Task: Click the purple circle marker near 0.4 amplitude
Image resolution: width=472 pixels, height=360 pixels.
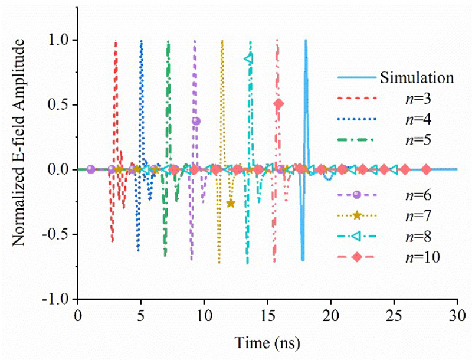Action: (x=196, y=121)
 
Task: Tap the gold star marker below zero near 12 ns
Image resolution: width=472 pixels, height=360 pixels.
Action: (x=231, y=203)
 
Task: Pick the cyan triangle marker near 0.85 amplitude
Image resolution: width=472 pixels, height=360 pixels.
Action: (x=248, y=58)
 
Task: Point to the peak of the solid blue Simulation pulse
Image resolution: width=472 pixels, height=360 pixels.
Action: (x=306, y=40)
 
